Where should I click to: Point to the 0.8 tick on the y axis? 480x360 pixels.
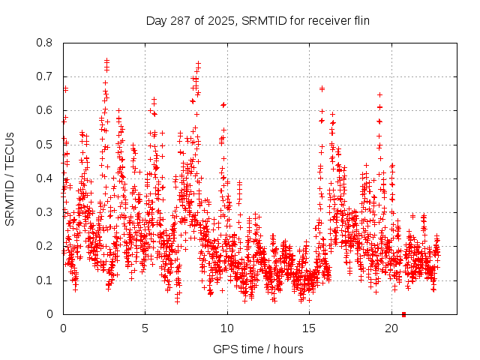coord(46,43)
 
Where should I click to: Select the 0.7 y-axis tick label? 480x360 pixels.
coord(46,76)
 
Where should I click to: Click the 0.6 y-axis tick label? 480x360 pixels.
coord(46,110)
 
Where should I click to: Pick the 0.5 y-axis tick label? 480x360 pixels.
coord(46,145)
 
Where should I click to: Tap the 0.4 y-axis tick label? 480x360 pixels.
coord(46,178)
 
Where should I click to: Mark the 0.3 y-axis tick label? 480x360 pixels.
coord(46,212)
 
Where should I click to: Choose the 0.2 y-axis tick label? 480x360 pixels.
coord(46,246)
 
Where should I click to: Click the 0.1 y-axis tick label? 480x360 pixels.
coord(46,280)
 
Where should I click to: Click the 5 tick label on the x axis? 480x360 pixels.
coord(145,328)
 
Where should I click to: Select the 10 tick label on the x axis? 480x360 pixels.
coord(227,328)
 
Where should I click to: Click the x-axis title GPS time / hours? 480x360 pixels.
coord(258,349)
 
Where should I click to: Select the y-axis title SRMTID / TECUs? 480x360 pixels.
coord(10,178)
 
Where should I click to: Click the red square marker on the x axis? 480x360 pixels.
coord(404,314)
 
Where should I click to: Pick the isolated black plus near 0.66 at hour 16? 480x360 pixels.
coord(322,88)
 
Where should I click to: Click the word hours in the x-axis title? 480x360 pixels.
coord(288,349)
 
